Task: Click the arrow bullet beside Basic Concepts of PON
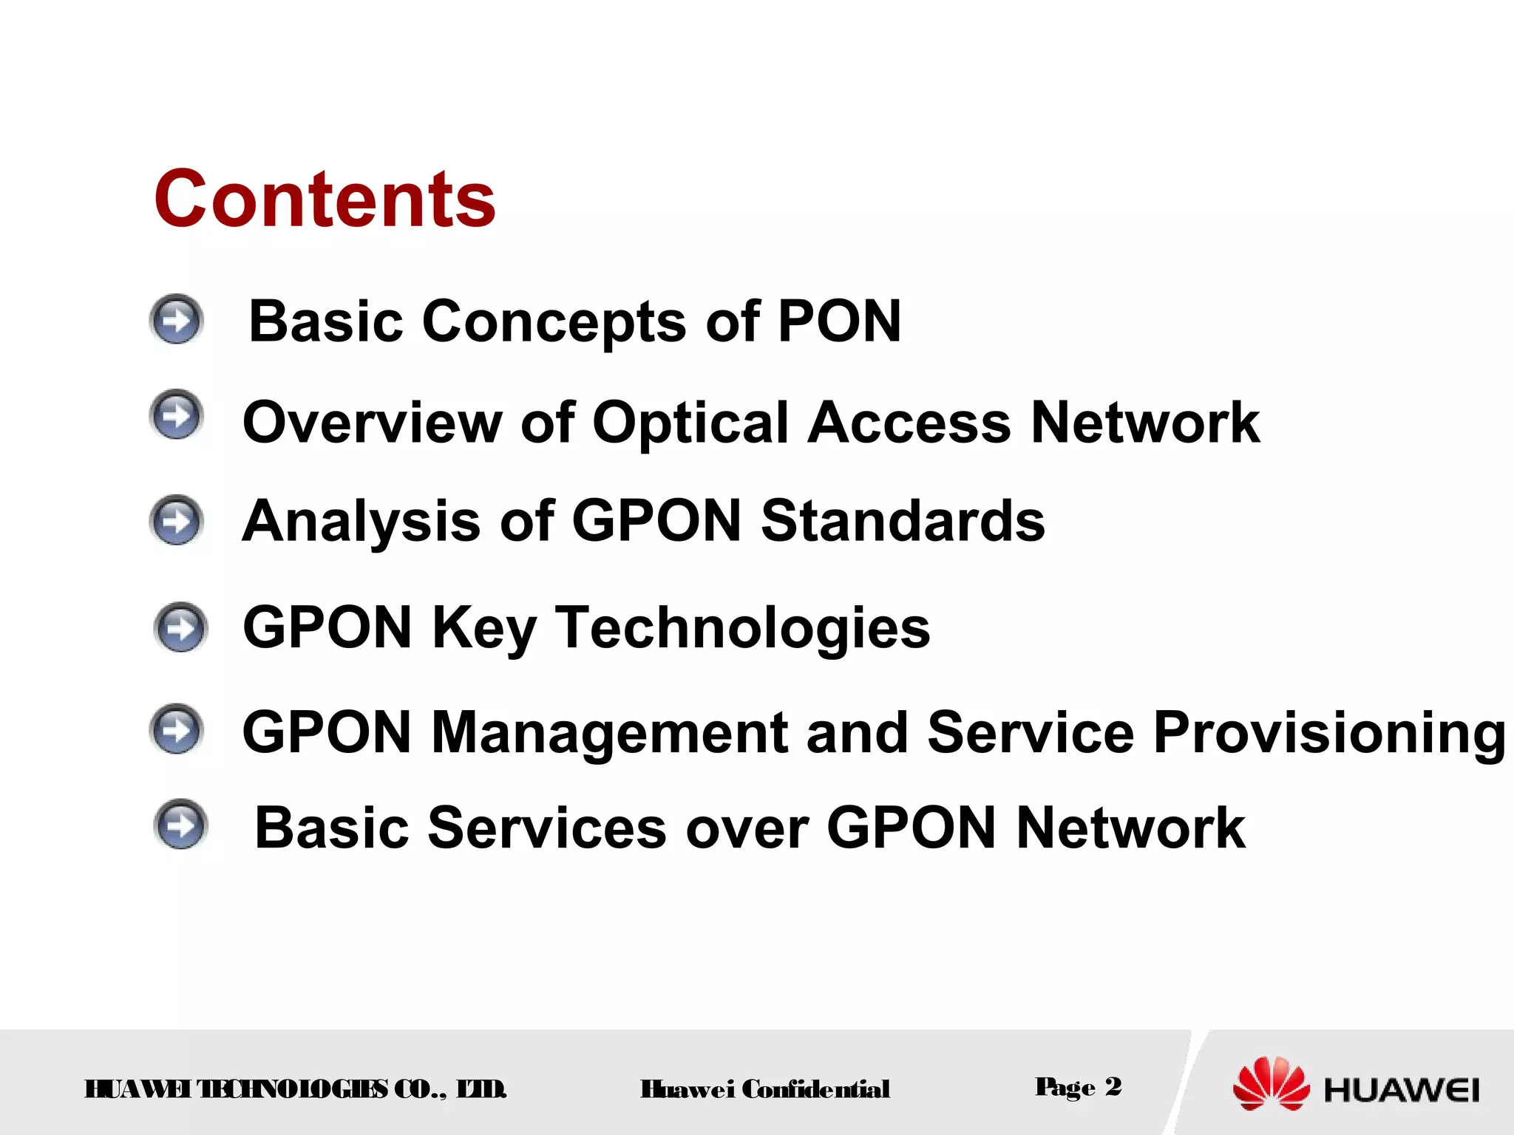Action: click(x=176, y=320)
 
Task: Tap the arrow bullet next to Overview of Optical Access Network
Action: click(x=176, y=415)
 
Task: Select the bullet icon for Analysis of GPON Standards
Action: click(x=176, y=520)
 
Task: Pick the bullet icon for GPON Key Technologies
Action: click(x=180, y=627)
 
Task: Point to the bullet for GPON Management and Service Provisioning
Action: click(x=176, y=729)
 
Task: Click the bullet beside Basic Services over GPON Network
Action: click(x=180, y=825)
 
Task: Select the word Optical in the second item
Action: click(x=690, y=423)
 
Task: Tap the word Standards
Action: click(x=903, y=521)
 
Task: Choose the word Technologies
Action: click(x=742, y=627)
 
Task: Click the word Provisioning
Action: click(x=1328, y=732)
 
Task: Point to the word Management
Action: click(x=609, y=732)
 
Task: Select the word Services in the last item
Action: click(x=547, y=828)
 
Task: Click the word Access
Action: click(x=909, y=423)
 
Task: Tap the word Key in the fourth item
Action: click(x=483, y=627)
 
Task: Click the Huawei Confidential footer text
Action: click(x=764, y=1089)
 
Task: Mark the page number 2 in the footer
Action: click(x=1113, y=1086)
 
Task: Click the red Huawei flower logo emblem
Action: click(x=1271, y=1083)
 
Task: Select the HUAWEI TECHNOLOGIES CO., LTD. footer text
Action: click(x=296, y=1089)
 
